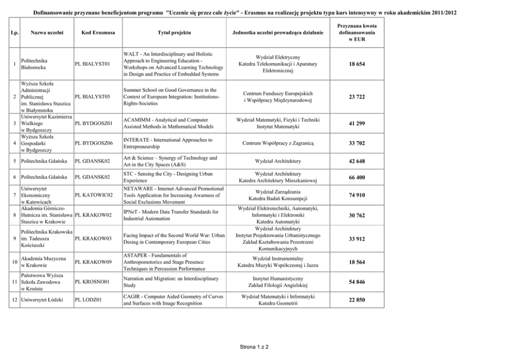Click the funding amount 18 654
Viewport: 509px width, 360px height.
click(x=357, y=64)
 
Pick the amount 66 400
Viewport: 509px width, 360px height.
click(x=357, y=177)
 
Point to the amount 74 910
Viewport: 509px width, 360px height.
click(x=357, y=195)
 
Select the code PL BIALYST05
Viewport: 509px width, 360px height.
click(x=92, y=96)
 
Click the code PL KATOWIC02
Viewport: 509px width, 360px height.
click(x=93, y=195)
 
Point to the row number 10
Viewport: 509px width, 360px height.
click(x=14, y=263)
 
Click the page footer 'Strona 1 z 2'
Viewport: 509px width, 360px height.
click(x=254, y=347)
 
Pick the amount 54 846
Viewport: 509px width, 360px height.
click(x=357, y=282)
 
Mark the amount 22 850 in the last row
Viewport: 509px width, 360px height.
click(x=357, y=299)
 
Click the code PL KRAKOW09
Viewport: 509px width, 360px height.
click(x=93, y=263)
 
